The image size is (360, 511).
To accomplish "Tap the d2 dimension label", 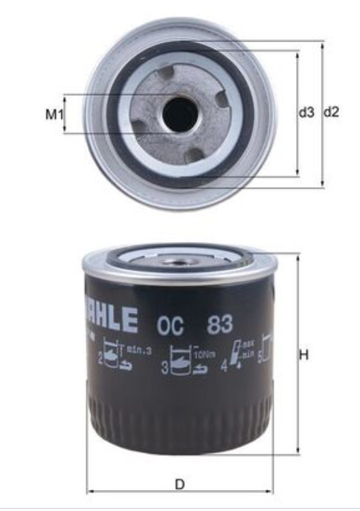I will click(331, 112).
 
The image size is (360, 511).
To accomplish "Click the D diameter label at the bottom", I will click(180, 485).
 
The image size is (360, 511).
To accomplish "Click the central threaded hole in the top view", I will click(179, 114).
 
